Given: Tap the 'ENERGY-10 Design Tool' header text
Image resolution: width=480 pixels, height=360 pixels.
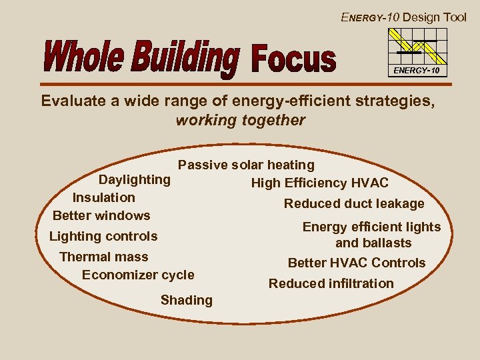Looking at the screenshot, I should tap(403, 17).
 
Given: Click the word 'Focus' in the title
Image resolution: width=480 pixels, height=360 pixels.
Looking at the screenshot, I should tap(293, 58).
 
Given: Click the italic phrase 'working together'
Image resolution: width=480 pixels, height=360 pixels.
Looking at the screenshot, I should tap(240, 121).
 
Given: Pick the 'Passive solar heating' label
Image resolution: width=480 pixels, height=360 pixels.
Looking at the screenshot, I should tap(246, 165).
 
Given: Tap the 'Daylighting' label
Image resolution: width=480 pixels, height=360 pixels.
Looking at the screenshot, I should tap(135, 179).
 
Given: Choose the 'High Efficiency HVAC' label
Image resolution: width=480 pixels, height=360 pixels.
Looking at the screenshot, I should tap(319, 183).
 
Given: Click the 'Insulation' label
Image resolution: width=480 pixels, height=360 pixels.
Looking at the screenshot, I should tap(103, 197).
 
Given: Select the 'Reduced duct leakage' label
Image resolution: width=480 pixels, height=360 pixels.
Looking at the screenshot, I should tap(354, 203).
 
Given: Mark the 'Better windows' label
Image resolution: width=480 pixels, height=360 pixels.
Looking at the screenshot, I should tap(101, 215).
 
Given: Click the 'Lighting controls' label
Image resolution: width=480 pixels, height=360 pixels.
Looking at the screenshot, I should tap(103, 236).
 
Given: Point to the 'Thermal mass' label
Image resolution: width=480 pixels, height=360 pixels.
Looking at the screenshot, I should tap(104, 257).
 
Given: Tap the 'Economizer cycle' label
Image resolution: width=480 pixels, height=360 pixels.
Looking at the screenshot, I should tap(138, 275).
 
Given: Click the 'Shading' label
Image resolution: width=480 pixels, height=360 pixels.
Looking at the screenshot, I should tap(187, 300).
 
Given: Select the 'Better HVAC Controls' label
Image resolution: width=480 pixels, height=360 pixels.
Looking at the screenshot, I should tap(356, 263).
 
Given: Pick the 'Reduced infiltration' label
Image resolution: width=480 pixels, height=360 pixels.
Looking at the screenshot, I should tap(331, 283).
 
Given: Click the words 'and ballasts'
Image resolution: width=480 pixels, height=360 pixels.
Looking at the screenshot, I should tap(373, 243).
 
